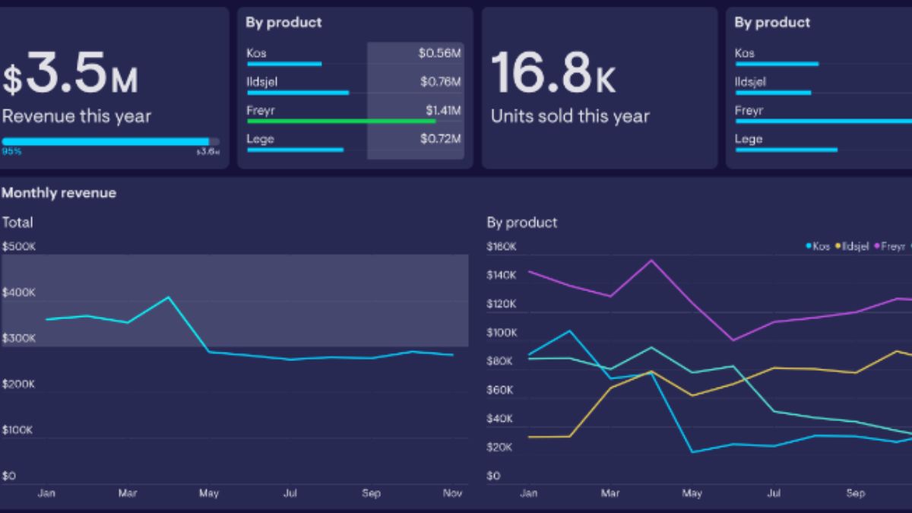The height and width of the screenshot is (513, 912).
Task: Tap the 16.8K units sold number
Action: pos(553,74)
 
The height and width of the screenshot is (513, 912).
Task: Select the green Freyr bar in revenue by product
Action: pos(341,121)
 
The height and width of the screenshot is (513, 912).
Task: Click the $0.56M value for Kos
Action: pos(439,53)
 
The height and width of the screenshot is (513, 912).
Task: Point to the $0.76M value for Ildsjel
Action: pos(440,81)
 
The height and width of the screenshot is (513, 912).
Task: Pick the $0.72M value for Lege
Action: pos(440,139)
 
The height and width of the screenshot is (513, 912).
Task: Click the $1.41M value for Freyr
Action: pos(442,110)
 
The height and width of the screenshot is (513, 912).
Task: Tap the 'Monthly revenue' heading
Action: pos(59,193)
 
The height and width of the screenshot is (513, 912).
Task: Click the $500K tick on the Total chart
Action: pos(19,247)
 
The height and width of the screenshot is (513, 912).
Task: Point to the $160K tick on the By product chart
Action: pos(501,247)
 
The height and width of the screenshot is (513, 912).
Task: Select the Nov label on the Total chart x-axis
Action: pos(452,493)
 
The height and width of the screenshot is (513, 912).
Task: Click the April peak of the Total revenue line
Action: pos(168,297)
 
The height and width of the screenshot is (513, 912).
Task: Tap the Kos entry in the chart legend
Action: pos(818,246)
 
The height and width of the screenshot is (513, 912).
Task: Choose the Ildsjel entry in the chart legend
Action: pos(852,246)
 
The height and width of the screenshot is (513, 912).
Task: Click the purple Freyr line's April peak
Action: pos(651,261)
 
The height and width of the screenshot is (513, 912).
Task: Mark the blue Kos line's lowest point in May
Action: pos(692,452)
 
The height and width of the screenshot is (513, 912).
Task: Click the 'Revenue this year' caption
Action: pos(76,116)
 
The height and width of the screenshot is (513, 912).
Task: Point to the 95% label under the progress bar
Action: pos(11,152)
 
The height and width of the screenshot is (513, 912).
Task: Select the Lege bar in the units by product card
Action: pos(786,150)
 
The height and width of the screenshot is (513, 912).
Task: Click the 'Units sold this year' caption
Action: pos(570,116)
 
